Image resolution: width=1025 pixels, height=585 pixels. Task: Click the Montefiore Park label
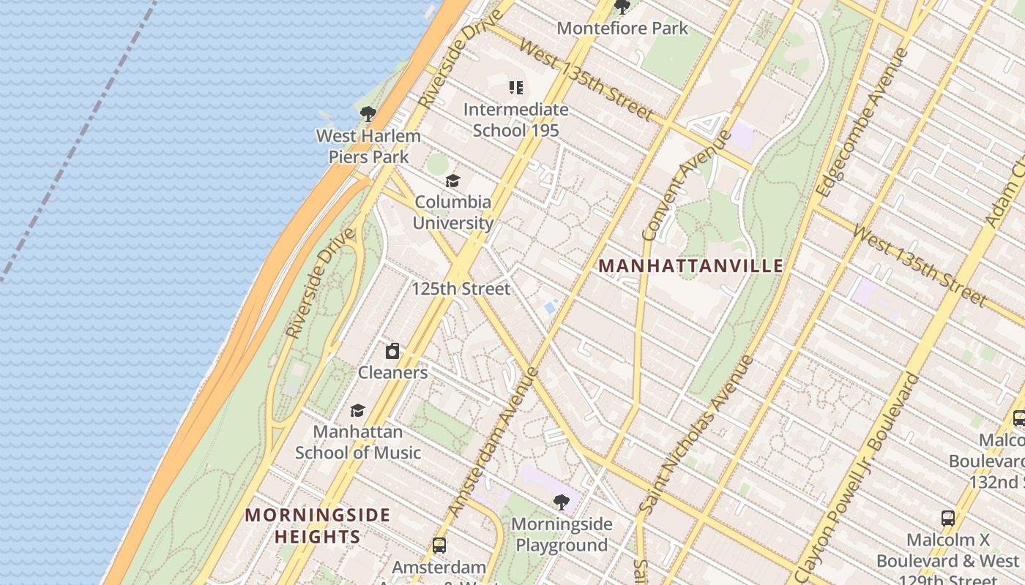tap(622, 29)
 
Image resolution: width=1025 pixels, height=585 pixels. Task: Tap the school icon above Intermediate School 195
tap(516, 88)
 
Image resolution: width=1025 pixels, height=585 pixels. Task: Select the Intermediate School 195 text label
tap(515, 120)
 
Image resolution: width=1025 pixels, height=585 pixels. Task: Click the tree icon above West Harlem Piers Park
tap(368, 114)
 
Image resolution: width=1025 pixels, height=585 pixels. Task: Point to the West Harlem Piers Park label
tap(368, 146)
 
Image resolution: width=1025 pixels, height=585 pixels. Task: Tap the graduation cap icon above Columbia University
tap(453, 181)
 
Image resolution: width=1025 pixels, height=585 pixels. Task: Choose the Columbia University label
tap(453, 212)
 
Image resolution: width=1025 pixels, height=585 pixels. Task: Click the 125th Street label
tap(461, 289)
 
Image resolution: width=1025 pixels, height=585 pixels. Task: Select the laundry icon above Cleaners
tap(392, 351)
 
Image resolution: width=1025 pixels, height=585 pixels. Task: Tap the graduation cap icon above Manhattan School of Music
tap(357, 411)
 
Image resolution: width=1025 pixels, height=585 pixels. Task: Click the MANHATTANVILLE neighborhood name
tap(691, 265)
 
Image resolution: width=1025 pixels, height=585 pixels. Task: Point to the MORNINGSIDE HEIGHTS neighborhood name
tap(317, 526)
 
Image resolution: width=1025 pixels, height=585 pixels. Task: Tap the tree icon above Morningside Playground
tap(561, 502)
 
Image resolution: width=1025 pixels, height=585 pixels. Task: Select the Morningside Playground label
tap(561, 535)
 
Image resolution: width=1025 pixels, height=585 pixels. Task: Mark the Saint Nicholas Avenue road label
tap(696, 434)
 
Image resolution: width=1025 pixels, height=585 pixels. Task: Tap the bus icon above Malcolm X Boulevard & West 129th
tap(948, 519)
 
